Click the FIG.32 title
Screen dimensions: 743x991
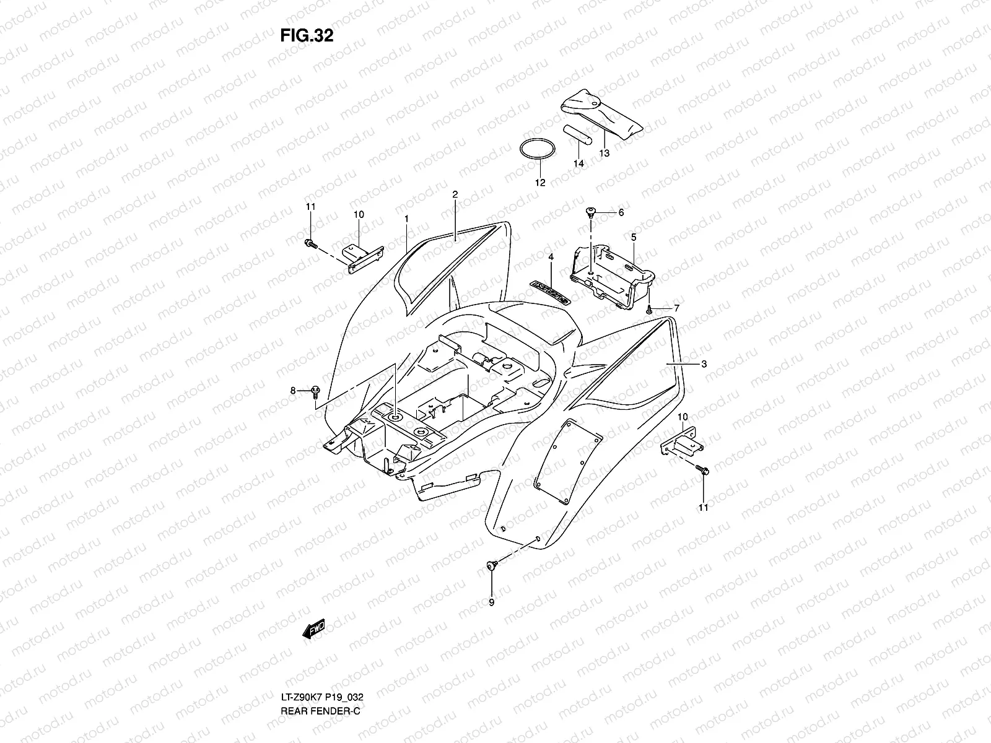click(x=307, y=35)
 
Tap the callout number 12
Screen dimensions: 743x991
click(x=540, y=183)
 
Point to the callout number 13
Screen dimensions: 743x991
click(x=605, y=153)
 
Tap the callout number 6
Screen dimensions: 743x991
click(x=621, y=212)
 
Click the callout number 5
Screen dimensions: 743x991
click(x=634, y=237)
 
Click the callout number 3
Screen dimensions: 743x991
click(x=704, y=364)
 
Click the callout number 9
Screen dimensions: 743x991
click(x=491, y=602)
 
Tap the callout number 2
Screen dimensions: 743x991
click(x=455, y=194)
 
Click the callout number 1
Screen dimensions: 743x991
click(x=406, y=219)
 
